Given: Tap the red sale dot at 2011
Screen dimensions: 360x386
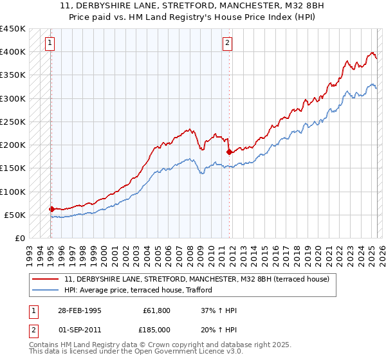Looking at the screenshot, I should [229, 152].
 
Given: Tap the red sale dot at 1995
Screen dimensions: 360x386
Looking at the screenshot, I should [51, 209].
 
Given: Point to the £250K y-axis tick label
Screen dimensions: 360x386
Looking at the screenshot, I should [13, 122].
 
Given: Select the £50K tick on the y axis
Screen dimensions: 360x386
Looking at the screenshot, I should [15, 215].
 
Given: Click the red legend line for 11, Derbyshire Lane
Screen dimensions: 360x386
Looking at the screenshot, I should [46, 279].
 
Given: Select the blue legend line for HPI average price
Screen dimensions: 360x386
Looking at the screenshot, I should [46, 290].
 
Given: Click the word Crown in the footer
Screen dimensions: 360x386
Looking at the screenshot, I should [152, 345].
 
